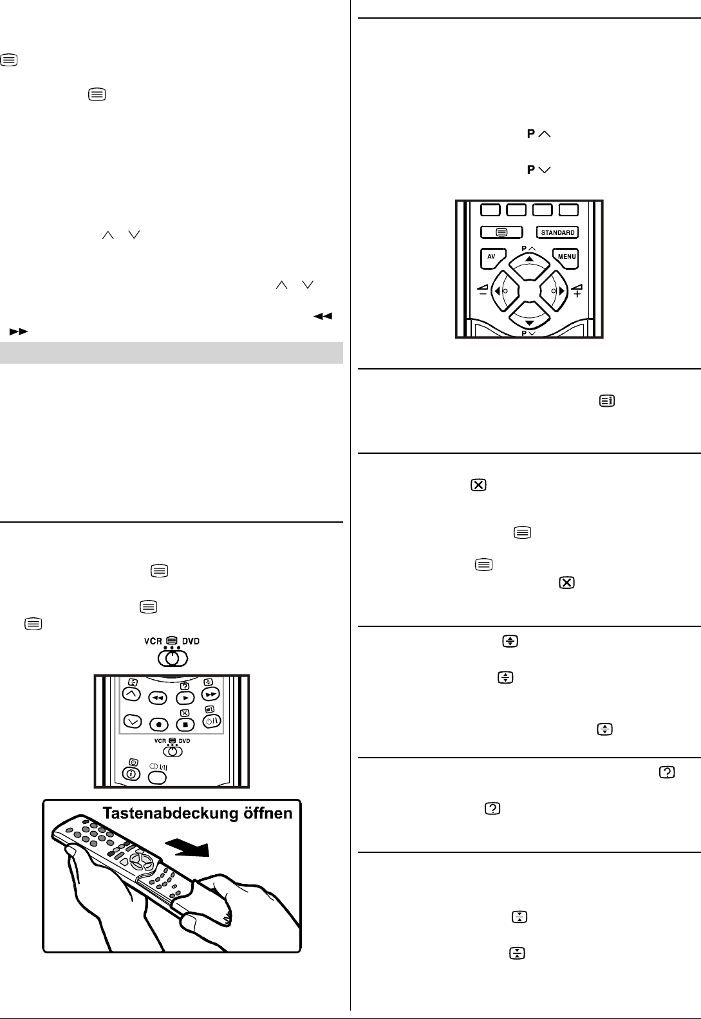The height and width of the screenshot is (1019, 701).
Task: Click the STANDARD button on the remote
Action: pyautogui.click(x=557, y=232)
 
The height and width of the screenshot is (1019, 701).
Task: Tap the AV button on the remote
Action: pyautogui.click(x=491, y=257)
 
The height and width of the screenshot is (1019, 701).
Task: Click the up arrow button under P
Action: pyautogui.click(x=529, y=259)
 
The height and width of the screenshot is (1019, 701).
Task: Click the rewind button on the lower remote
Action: pyautogui.click(x=158, y=698)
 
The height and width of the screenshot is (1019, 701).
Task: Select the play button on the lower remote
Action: pyautogui.click(x=185, y=698)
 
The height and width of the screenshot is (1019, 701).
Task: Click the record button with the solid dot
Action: pyautogui.click(x=158, y=724)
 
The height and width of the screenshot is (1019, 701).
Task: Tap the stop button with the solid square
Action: pyautogui.click(x=185, y=724)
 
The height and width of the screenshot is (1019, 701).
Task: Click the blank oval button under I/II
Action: pyautogui.click(x=158, y=776)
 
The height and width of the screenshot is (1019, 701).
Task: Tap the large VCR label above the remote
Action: pyautogui.click(x=153, y=642)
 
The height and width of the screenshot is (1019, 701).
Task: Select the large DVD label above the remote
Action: pyautogui.click(x=191, y=642)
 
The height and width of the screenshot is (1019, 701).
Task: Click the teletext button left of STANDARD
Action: pyautogui.click(x=503, y=232)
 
